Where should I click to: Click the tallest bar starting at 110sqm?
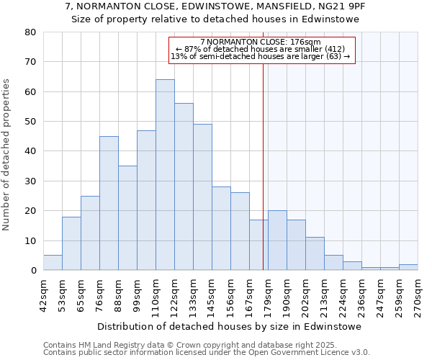[165, 175]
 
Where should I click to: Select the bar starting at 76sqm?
[109, 203]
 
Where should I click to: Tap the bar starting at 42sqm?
[53, 263]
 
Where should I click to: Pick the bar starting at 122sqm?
[184, 186]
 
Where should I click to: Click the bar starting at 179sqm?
[277, 240]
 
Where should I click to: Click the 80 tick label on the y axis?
[30, 32]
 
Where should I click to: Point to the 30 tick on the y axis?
[30, 181]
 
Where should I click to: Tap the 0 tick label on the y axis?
[33, 271]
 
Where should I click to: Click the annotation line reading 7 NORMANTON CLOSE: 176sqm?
[262, 42]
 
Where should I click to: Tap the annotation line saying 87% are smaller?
[262, 49]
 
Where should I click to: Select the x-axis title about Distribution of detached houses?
[229, 326]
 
